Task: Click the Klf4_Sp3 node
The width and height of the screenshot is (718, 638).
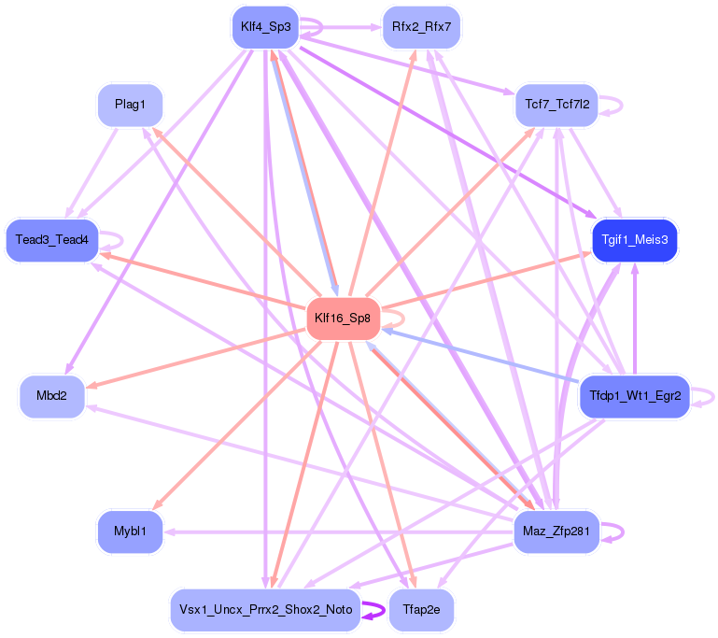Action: coord(265,26)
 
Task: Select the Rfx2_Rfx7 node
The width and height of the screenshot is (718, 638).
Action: coord(422,26)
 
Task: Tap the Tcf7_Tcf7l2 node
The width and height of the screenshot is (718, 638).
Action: coord(557,105)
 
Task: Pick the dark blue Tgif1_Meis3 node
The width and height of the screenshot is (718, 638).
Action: coord(635,240)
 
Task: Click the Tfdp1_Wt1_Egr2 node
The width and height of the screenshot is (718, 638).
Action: coord(635,397)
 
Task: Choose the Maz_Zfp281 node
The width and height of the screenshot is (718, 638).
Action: coord(556,532)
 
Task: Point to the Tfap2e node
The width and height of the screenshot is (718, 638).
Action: coord(421,610)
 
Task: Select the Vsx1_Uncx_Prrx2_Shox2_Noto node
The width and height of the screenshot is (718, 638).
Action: coord(265,610)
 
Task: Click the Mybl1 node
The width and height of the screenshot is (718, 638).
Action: coord(130,532)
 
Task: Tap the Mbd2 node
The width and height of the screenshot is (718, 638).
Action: coord(52,397)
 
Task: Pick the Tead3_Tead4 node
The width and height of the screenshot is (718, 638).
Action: coord(52,240)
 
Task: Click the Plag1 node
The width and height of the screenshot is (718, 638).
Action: coord(130,105)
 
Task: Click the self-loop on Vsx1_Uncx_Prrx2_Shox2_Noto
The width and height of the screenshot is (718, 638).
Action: coord(382,610)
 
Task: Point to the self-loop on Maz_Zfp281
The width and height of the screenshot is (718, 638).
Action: coord(620,532)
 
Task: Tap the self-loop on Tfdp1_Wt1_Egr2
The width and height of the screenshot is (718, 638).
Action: coord(712,397)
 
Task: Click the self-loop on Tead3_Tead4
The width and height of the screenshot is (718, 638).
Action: coord(120,240)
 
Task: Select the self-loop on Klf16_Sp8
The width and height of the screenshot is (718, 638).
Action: coord(401,319)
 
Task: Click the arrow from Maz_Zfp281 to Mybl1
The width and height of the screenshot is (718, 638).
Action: coord(336,532)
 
